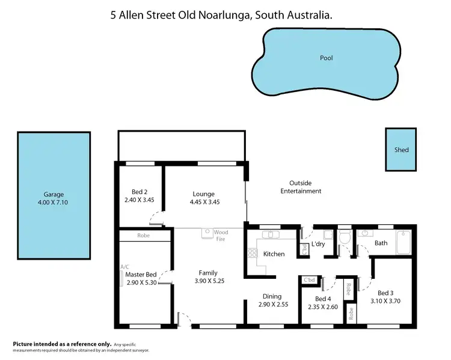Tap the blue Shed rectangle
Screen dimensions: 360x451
click(401, 149)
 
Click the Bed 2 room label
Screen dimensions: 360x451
click(131, 193)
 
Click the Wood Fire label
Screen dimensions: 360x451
click(221, 235)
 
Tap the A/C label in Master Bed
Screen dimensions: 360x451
click(125, 266)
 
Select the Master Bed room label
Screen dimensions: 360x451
click(141, 275)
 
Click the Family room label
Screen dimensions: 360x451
click(208, 273)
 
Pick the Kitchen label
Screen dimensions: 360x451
click(274, 254)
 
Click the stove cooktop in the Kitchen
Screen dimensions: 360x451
click(252, 254)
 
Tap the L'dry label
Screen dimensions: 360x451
click(319, 245)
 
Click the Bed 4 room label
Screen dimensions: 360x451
click(323, 299)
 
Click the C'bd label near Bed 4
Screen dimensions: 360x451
click(309, 280)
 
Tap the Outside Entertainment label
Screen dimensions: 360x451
click(305, 187)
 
